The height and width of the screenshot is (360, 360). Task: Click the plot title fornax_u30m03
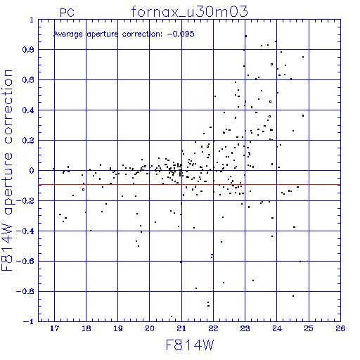(189, 12)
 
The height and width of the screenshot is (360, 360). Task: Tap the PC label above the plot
(67, 13)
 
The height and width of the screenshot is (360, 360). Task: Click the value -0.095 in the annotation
(181, 34)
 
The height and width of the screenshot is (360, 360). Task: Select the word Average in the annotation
(68, 34)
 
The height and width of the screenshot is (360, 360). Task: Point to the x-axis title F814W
(190, 345)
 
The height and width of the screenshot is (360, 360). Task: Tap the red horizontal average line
(189, 185)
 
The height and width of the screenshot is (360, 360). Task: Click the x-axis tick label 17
(54, 328)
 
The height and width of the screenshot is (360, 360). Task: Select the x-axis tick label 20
(150, 328)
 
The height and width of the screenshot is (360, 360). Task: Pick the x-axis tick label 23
(245, 328)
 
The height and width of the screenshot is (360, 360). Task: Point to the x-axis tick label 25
(309, 328)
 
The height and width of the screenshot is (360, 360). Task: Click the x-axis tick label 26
(340, 328)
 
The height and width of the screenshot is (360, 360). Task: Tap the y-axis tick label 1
(32, 20)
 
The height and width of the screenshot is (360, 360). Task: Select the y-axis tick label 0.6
(28, 80)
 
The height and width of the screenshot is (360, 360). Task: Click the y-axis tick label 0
(32, 171)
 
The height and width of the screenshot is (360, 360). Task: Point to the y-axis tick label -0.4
(25, 231)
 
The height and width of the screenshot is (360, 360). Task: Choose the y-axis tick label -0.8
(25, 292)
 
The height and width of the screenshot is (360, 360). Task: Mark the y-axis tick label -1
(28, 321)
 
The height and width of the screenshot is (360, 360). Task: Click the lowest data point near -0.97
(172, 316)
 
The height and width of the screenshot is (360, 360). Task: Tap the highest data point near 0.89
(246, 36)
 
